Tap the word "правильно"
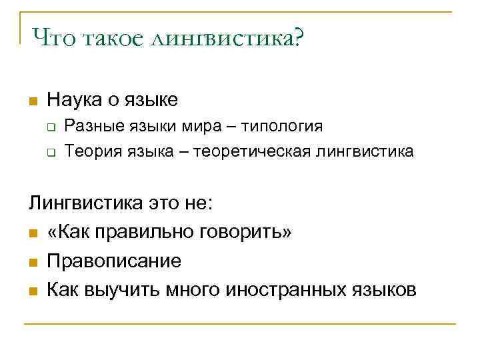[135, 232]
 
